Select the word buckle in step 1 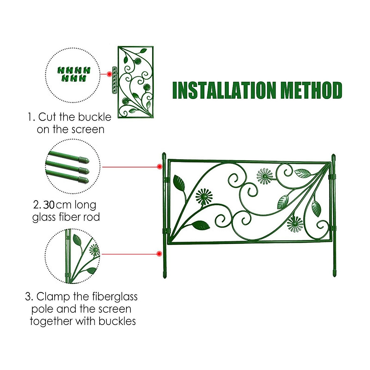click(94, 117)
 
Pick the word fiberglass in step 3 click(115, 297)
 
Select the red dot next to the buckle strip click(109, 74)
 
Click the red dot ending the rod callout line click(159, 167)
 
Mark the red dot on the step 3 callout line click(159, 254)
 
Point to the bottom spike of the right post click(335, 273)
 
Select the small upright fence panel click(136, 82)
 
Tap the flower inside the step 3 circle click(94, 249)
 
